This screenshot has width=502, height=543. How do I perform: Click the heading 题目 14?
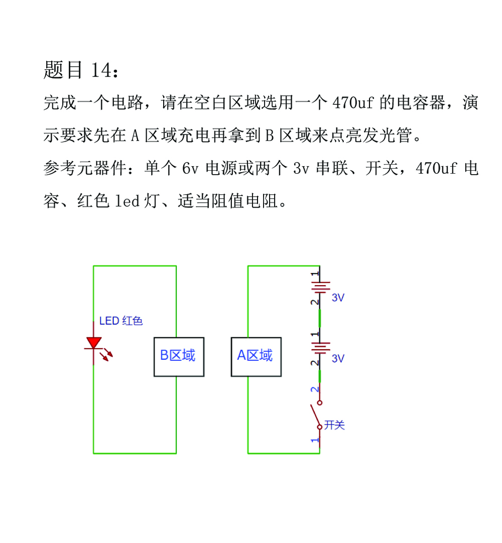tap(81, 70)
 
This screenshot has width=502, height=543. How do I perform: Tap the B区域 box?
tap(179, 357)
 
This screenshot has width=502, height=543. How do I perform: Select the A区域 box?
tap(256, 357)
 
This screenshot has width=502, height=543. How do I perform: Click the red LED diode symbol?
tap(93, 343)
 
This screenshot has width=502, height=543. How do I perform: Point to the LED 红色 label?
tap(121, 321)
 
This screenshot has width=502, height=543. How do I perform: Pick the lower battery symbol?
tap(320, 348)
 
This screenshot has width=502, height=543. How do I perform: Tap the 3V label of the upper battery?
tap(338, 298)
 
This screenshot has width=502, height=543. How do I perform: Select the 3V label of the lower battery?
tap(338, 358)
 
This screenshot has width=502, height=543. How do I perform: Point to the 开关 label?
tap(334, 425)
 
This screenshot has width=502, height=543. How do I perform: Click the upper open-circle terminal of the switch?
tap(320, 403)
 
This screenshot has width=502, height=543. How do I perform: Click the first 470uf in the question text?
tap(353, 102)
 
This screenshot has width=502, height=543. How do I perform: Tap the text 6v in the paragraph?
tap(190, 168)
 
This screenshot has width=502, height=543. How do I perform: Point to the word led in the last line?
tap(127, 201)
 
